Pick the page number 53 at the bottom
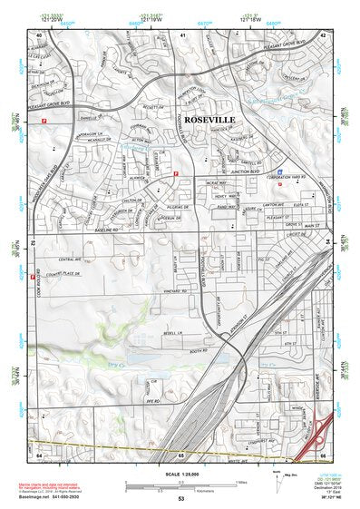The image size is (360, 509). tap(181, 499)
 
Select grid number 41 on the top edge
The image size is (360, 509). tap(182, 34)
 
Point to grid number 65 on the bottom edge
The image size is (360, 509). tap(181, 455)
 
